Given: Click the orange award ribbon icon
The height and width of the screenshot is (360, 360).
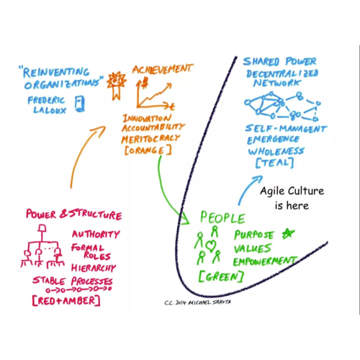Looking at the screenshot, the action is [x=117, y=85].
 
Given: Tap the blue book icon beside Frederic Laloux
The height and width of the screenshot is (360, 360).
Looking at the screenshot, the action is [x=80, y=104].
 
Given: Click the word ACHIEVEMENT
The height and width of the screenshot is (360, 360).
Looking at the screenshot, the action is [x=163, y=69].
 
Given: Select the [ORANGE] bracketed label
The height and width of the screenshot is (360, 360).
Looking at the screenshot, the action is [x=148, y=150].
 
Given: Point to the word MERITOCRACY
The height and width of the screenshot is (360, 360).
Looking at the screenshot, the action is [x=150, y=139].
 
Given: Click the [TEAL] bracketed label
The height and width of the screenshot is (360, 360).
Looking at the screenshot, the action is [x=275, y=163].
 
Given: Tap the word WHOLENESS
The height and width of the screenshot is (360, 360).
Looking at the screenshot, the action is [x=276, y=151].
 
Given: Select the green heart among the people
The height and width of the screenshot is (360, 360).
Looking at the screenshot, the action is [x=210, y=246].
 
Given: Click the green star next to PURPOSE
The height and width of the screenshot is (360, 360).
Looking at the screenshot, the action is [x=288, y=233].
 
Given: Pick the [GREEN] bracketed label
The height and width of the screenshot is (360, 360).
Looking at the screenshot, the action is [x=221, y=276].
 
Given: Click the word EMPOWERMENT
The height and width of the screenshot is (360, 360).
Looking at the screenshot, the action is [x=265, y=261].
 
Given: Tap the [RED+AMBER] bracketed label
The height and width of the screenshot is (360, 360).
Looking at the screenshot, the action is [x=66, y=301].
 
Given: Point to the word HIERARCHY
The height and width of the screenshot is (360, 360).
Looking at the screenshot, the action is [x=94, y=268].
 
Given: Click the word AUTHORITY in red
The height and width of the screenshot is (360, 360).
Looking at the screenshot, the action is [x=96, y=234].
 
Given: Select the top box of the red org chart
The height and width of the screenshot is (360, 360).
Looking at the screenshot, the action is [x=42, y=228].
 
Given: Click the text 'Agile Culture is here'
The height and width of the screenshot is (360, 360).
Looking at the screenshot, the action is [x=292, y=198].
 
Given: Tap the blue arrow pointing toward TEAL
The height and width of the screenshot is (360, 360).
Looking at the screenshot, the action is [x=247, y=189].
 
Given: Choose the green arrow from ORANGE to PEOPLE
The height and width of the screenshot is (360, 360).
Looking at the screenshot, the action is [x=166, y=192].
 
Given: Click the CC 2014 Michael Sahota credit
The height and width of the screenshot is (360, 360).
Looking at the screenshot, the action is [x=197, y=302].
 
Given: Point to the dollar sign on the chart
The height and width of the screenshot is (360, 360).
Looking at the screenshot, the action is [x=145, y=83].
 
